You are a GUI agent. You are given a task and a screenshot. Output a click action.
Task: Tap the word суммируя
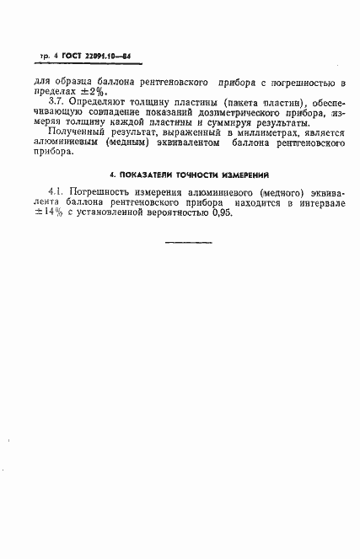coord(223,129)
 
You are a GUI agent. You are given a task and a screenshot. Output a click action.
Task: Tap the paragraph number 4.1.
coord(58,193)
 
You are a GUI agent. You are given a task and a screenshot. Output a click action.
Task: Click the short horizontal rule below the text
coord(188,244)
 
